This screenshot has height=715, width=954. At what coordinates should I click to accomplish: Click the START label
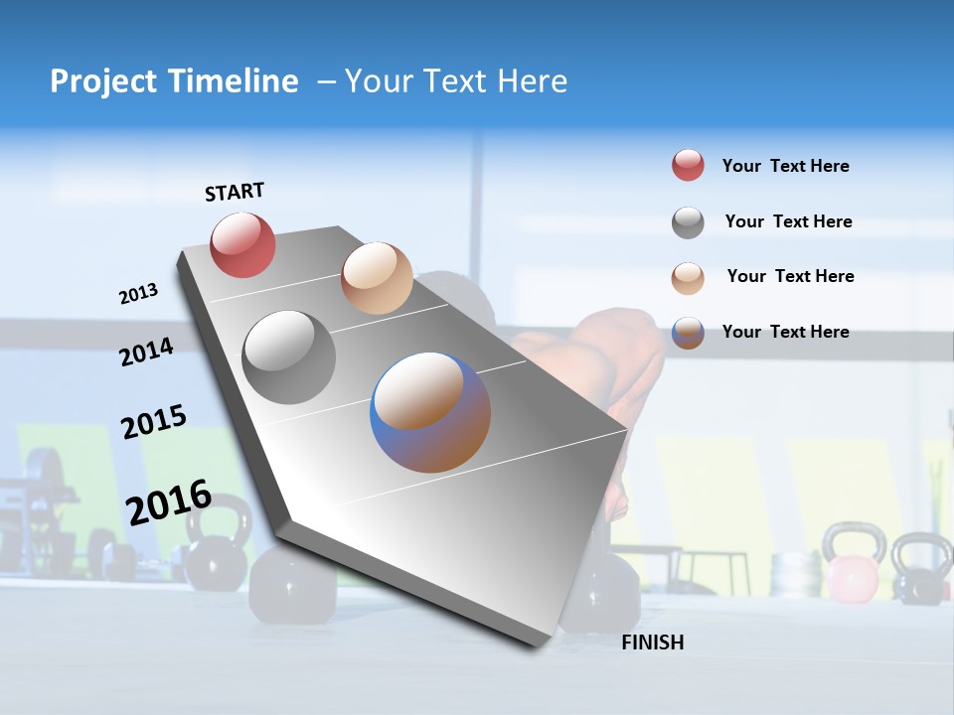(235, 192)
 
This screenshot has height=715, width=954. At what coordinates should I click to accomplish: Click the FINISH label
(652, 643)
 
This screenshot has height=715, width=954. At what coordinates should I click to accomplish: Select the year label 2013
(138, 294)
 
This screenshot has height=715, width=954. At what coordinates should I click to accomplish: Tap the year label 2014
(146, 352)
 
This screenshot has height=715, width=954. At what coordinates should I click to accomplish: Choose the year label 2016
(169, 501)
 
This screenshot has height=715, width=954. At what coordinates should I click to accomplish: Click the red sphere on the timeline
(242, 244)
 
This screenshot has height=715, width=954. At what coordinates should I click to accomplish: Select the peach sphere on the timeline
(377, 278)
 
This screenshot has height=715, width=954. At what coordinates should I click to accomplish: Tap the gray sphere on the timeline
(289, 357)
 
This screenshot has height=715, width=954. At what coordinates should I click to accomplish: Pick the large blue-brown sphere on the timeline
(430, 412)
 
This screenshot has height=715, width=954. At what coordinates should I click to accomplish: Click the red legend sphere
(688, 165)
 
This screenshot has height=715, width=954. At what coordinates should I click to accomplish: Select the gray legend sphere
(688, 222)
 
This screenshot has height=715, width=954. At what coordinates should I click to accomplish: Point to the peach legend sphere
(688, 278)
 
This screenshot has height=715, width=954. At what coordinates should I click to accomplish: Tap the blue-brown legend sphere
(688, 333)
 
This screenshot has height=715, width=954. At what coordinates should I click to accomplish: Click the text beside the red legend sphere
(785, 166)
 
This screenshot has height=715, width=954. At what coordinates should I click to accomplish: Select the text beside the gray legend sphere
(788, 221)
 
